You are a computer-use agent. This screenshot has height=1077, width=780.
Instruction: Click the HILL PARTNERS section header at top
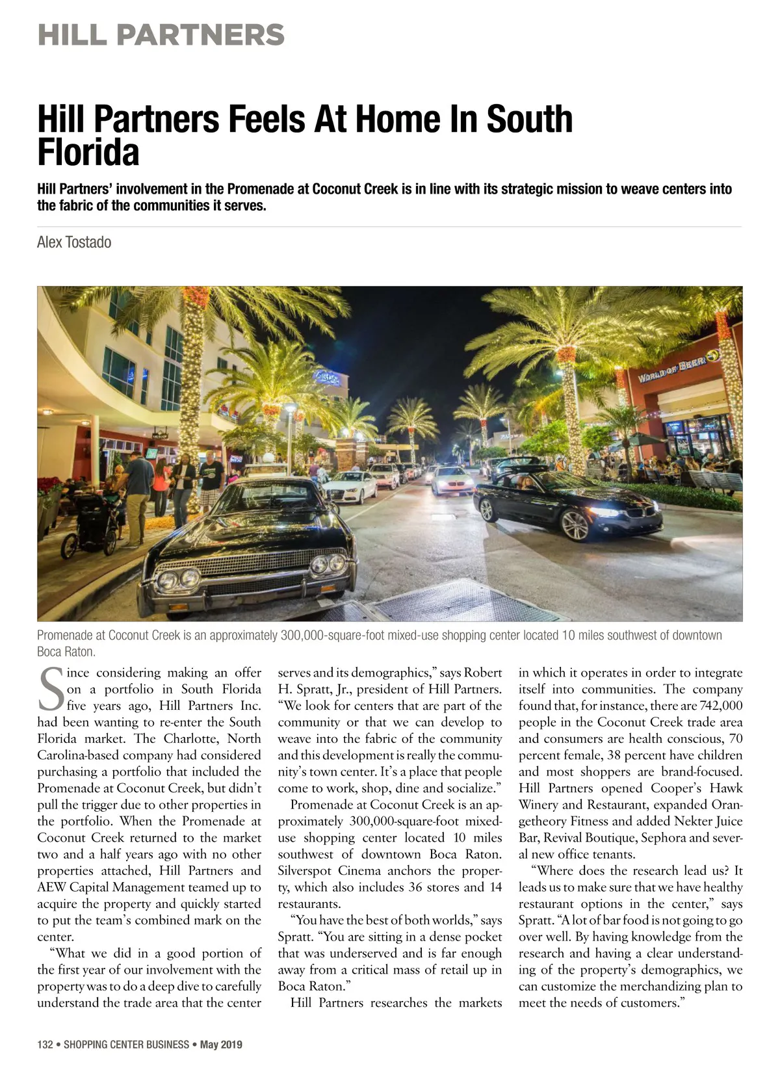161,34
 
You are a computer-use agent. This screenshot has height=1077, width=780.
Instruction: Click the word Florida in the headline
88,153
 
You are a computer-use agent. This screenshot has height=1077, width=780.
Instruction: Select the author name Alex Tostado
74,242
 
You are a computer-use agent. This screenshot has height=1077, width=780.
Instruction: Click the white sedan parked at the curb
349,486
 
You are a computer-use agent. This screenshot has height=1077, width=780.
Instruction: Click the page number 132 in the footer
45,1045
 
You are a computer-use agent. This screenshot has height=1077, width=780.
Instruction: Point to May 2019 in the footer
221,1045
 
